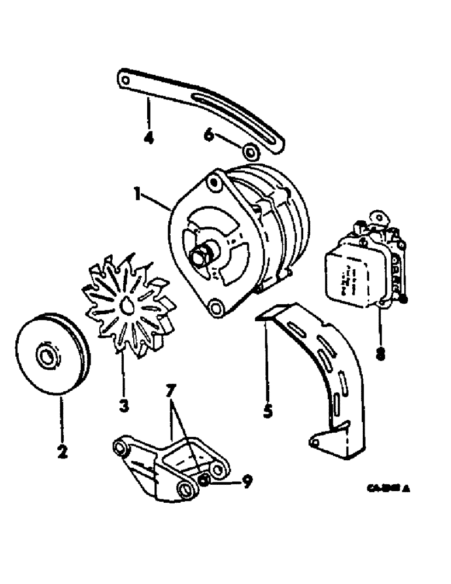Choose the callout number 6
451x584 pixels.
point(208,135)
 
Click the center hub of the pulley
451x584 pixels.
point(45,354)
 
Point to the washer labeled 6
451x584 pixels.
point(251,153)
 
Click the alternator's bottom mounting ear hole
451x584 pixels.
point(217,306)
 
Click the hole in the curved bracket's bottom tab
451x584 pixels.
point(315,442)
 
